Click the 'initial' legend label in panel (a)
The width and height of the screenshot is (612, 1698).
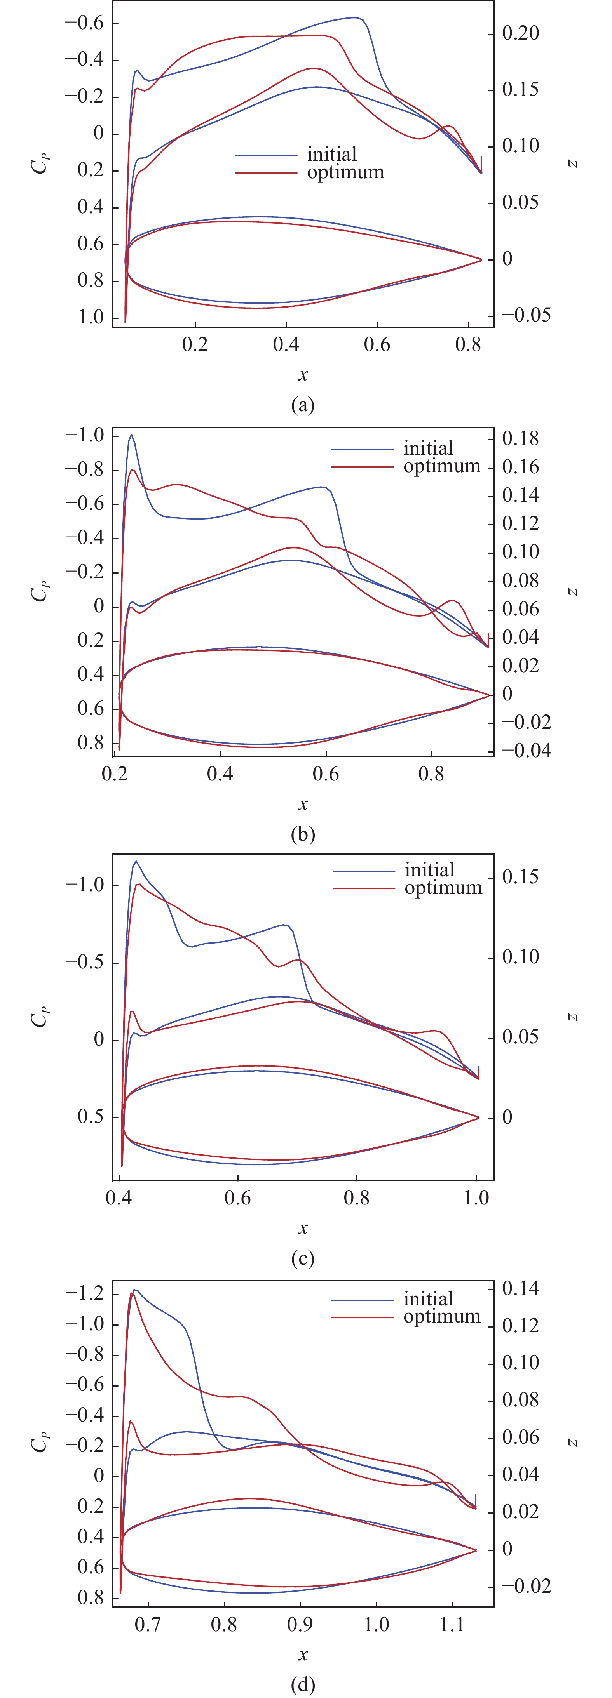click(x=332, y=154)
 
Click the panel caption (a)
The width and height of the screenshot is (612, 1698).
click(x=303, y=404)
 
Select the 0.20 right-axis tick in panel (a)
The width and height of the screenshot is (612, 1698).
click(x=520, y=33)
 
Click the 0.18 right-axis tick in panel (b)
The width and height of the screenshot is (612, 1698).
click(x=520, y=438)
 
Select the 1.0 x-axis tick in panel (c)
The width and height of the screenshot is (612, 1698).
click(x=476, y=1198)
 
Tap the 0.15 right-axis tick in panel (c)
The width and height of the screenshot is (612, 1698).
click(x=520, y=877)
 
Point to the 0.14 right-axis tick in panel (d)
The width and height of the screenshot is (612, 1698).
click(x=520, y=1288)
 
